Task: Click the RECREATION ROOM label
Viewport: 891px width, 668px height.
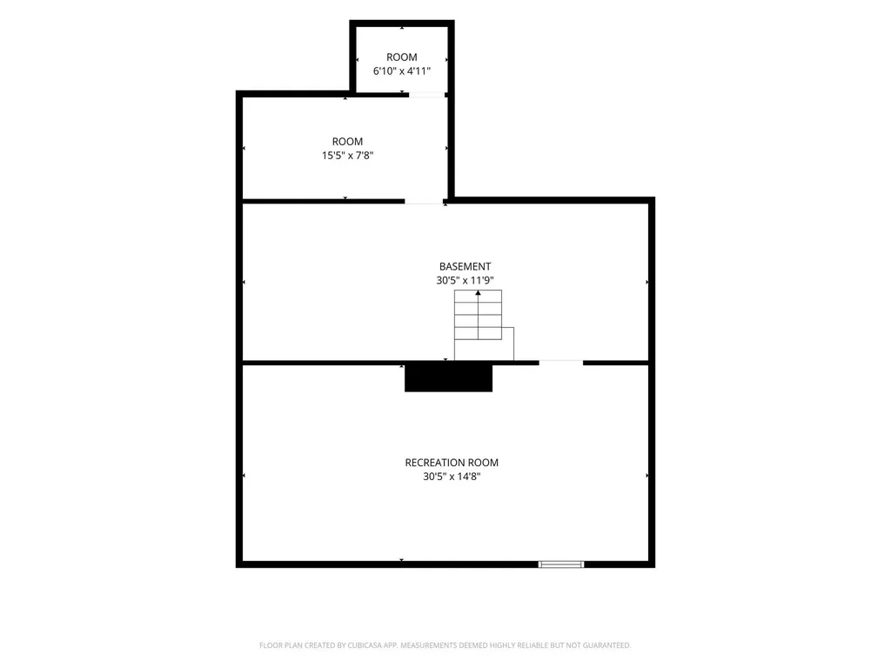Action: (x=452, y=463)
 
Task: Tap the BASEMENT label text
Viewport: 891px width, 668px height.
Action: (x=465, y=266)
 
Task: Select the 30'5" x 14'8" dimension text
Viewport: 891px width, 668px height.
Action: (x=452, y=477)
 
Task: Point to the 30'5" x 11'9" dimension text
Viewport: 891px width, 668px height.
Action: (x=465, y=280)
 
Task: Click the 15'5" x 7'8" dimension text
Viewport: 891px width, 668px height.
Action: (x=347, y=156)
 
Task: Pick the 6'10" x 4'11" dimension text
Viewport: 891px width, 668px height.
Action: (x=402, y=71)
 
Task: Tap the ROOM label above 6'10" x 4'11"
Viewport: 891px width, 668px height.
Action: (x=402, y=57)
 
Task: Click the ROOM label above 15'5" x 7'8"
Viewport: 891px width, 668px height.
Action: (x=347, y=142)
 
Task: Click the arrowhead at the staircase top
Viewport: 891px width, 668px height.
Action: (x=478, y=293)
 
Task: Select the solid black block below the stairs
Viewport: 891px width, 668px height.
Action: (x=448, y=377)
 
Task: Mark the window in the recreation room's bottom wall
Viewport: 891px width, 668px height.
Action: (x=561, y=564)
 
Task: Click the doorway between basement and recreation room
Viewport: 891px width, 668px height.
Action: (x=561, y=362)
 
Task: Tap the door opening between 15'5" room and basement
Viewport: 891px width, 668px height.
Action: (x=424, y=201)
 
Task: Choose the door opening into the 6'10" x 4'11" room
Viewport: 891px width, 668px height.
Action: (x=427, y=95)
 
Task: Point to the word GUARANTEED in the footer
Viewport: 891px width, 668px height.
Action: (x=606, y=645)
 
